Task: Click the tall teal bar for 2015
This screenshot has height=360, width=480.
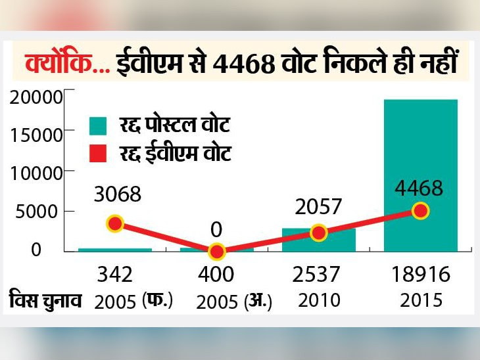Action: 421,174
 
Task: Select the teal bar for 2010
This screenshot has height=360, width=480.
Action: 319,240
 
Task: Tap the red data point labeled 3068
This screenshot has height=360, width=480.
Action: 115,223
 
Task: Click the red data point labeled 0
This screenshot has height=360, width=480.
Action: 216,252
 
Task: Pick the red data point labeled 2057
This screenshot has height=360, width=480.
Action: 318,233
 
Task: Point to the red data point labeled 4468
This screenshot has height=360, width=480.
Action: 421,212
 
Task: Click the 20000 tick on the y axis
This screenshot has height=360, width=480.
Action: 36,97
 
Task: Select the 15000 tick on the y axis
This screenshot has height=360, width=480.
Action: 36,135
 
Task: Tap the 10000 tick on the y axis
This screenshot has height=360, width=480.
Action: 36,173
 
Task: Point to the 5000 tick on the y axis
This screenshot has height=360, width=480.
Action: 41,212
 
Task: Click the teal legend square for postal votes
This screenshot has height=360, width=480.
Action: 98,124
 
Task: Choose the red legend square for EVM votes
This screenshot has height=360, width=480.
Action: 98,154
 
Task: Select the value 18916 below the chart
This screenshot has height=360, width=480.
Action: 421,275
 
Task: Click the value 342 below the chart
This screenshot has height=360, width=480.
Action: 115,275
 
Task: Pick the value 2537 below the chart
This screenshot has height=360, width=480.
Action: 319,275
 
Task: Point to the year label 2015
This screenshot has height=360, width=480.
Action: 421,300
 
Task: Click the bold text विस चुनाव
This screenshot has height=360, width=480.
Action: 46,300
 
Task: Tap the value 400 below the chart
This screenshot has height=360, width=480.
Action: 216,275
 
